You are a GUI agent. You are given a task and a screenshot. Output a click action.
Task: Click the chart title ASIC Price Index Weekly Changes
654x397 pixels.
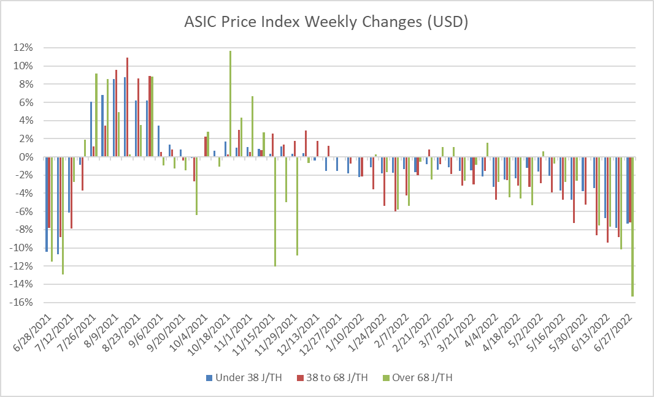[326, 23]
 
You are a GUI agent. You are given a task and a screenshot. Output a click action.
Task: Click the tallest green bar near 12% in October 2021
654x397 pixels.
[230, 104]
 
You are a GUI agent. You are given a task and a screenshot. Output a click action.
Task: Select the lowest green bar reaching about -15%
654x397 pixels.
[633, 227]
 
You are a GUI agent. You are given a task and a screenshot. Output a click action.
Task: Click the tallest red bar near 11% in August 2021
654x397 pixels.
[127, 107]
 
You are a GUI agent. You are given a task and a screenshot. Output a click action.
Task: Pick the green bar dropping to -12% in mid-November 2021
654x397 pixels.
[275, 211]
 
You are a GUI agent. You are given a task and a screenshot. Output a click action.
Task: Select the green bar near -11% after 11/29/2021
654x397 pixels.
[297, 206]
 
